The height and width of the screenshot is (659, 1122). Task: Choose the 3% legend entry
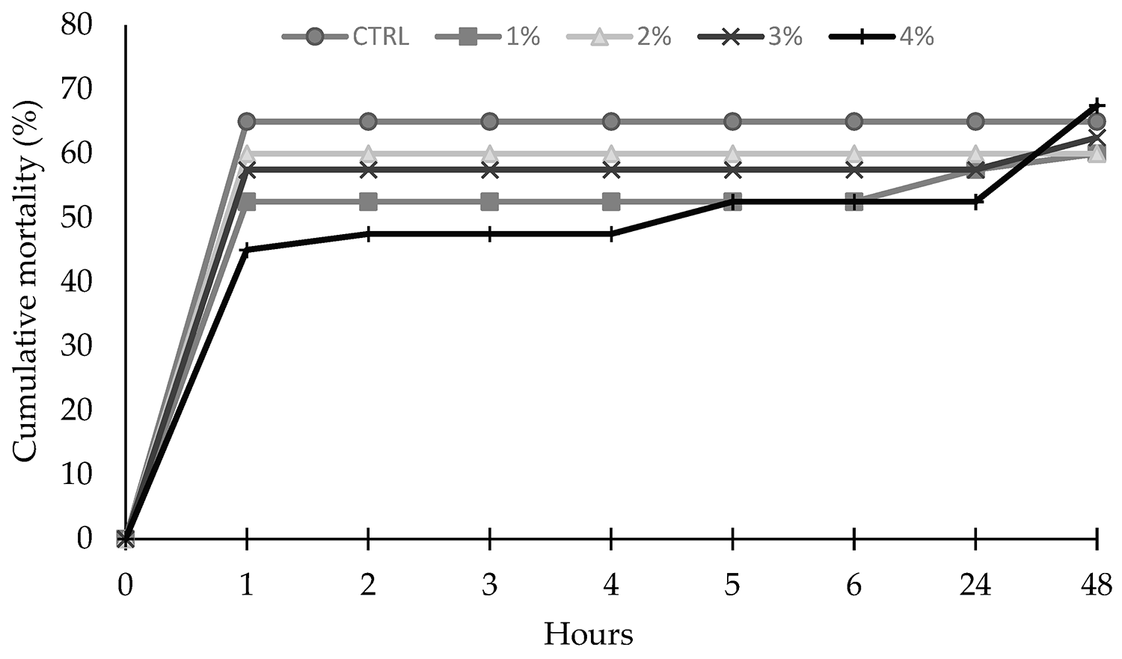(750, 37)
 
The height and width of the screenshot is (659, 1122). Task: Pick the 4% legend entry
(883, 37)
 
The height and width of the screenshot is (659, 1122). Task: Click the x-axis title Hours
(588, 635)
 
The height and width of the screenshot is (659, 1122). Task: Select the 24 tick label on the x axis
(975, 584)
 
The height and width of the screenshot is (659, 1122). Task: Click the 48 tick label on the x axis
(1097, 584)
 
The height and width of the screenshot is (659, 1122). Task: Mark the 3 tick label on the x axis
(489, 584)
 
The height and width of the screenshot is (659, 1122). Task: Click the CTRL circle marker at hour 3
(489, 121)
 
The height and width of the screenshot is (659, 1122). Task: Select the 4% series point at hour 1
(247, 250)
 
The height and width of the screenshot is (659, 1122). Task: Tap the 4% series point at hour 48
(1097, 105)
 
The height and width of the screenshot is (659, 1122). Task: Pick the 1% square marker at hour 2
(368, 201)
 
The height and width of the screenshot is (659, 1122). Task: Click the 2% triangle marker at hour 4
(611, 153)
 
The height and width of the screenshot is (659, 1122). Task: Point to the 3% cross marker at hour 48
(1097, 138)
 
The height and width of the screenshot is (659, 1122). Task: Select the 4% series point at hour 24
(975, 201)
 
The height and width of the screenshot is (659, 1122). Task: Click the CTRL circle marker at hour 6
(854, 121)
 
